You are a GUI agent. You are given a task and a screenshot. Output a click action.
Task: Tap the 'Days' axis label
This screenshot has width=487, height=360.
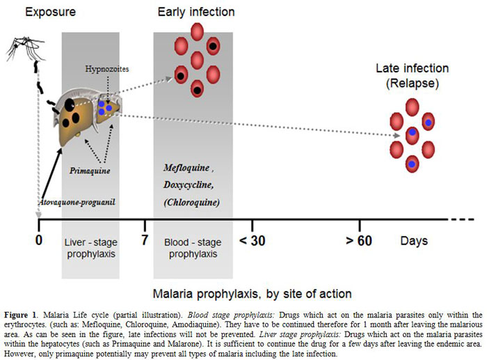[x=414, y=241]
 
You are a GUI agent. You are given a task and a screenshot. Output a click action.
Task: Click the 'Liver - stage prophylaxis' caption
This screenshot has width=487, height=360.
[x=91, y=248]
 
